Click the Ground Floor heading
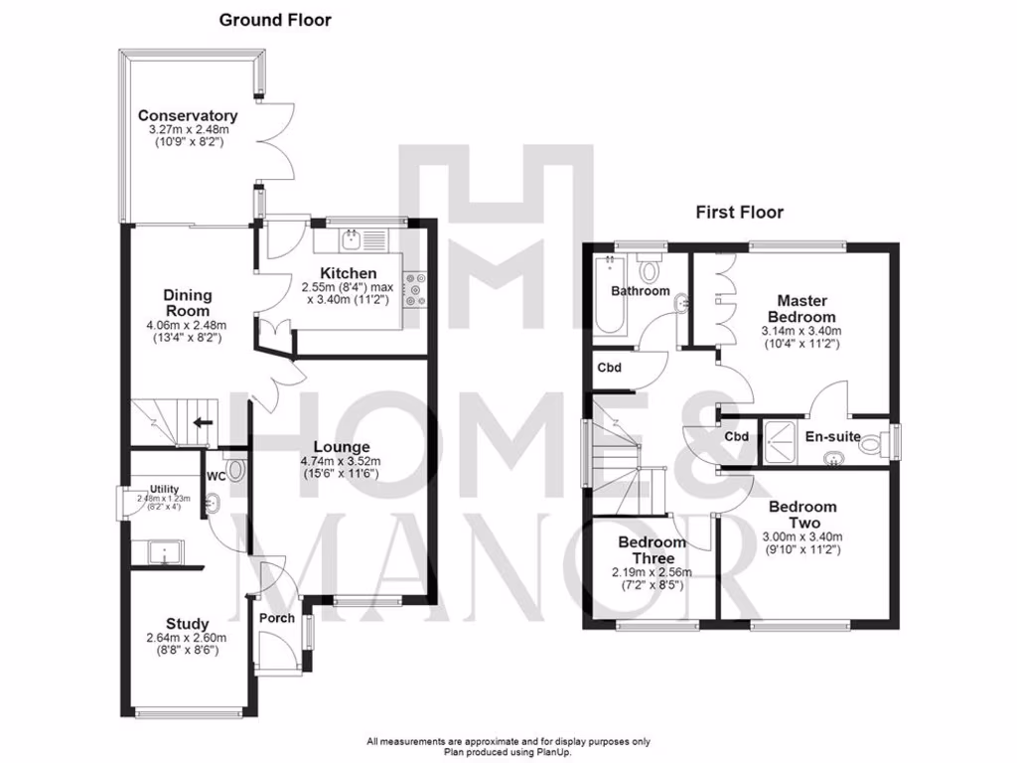(x=275, y=19)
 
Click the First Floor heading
(x=738, y=212)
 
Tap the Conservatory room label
(x=188, y=115)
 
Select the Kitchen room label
(x=348, y=273)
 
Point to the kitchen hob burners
(x=413, y=288)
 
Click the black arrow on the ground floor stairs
(x=203, y=422)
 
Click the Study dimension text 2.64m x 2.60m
(x=188, y=638)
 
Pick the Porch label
(x=277, y=618)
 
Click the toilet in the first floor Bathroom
(x=652, y=268)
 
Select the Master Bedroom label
(x=801, y=308)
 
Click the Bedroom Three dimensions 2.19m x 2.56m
(x=653, y=572)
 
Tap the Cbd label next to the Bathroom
(x=610, y=367)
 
